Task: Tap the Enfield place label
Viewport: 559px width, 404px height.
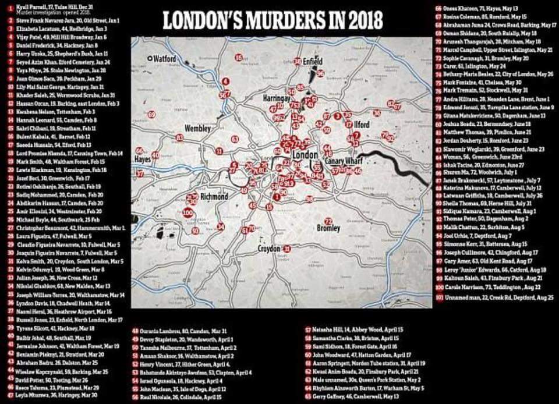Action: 313,61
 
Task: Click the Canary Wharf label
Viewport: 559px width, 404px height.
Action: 348,161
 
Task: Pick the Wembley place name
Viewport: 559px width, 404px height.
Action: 197,128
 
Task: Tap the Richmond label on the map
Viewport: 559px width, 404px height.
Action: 213,197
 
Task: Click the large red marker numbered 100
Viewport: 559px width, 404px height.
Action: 187,213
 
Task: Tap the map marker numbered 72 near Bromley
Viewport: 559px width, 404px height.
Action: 328,221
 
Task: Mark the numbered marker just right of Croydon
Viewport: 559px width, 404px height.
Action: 287,249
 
